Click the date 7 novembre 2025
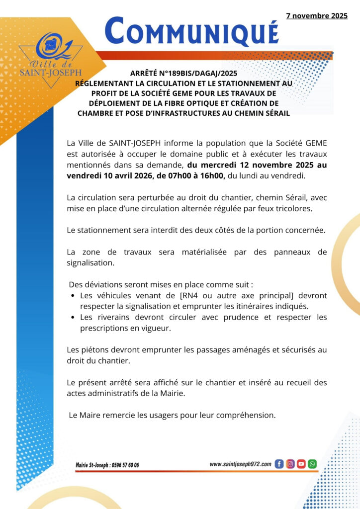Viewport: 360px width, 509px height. [x=317, y=16]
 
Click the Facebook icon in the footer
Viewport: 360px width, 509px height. [x=279, y=464]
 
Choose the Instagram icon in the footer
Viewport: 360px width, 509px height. [x=290, y=464]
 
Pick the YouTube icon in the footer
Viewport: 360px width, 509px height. [x=301, y=464]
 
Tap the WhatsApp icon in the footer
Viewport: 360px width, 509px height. [x=312, y=464]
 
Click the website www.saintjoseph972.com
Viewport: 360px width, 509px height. [x=240, y=464]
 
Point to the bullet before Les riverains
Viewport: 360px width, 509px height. [x=73, y=317]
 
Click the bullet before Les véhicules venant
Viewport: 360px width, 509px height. [x=73, y=296]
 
